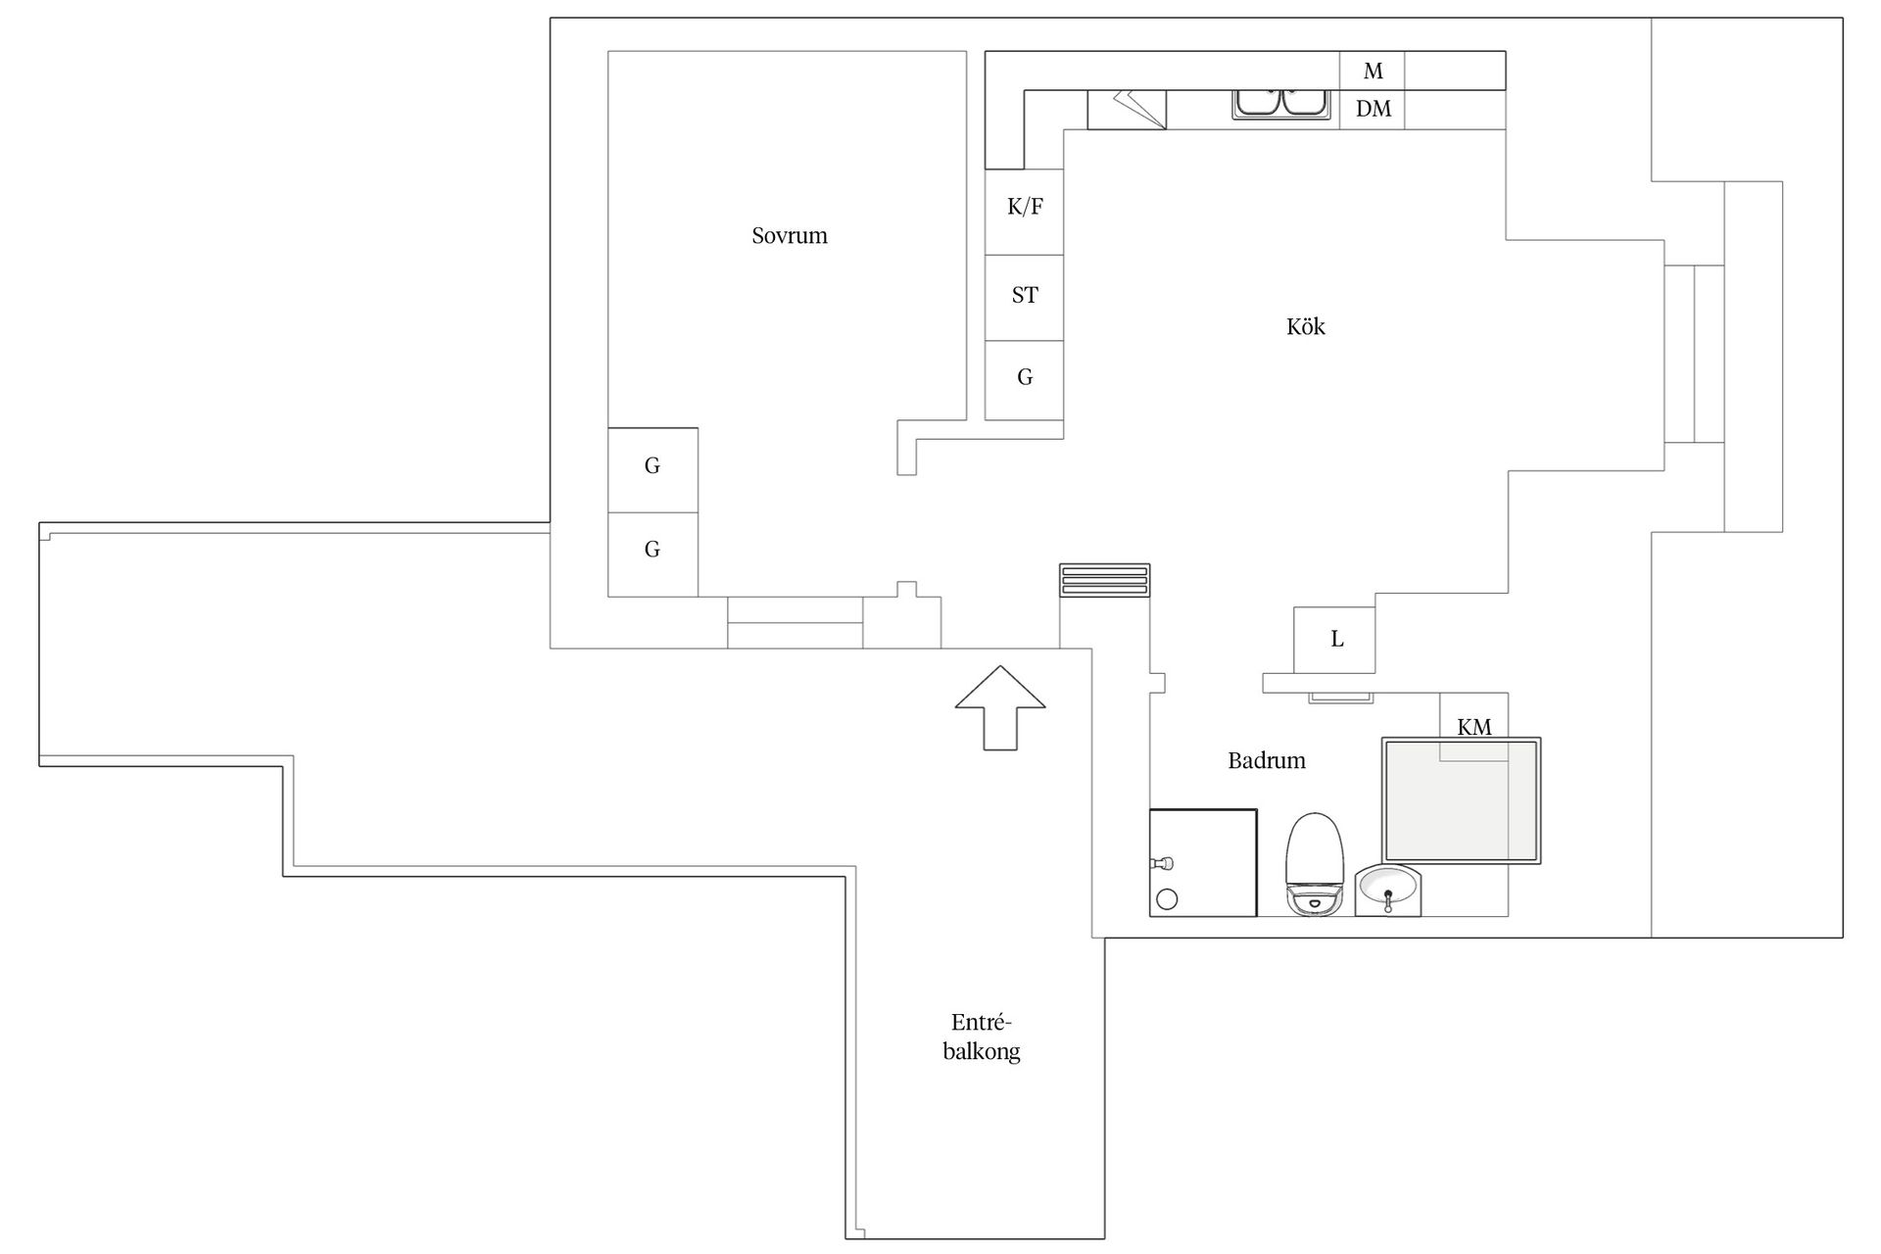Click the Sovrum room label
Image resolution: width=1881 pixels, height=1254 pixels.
(790, 235)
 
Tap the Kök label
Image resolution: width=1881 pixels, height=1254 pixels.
(1306, 326)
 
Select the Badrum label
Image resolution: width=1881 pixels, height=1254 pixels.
(1267, 760)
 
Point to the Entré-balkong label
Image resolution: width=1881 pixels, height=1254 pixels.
(982, 1037)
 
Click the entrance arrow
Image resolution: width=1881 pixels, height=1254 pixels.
(1000, 707)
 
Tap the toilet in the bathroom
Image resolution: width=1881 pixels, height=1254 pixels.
(1314, 864)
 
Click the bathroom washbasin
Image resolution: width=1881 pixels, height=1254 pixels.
(1388, 891)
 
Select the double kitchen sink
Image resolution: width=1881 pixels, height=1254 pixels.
(1280, 104)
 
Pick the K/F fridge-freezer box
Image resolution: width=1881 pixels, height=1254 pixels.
(1024, 212)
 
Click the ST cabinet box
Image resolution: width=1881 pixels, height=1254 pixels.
(1024, 298)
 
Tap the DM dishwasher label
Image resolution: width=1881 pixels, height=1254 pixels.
(1374, 109)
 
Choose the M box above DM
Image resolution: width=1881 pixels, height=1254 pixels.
(1373, 71)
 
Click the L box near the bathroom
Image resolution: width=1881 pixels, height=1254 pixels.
(1334, 640)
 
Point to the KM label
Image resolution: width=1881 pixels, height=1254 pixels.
(1474, 727)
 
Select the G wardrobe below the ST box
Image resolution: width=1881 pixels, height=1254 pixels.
(1024, 381)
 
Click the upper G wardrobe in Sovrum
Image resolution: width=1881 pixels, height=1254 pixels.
(652, 470)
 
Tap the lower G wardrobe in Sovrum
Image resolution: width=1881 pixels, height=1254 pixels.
(652, 555)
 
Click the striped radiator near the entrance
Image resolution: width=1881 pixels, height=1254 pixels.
(1104, 580)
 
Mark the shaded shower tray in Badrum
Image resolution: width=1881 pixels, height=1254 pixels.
(1461, 800)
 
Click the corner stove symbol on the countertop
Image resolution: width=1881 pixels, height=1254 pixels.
(1127, 110)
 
